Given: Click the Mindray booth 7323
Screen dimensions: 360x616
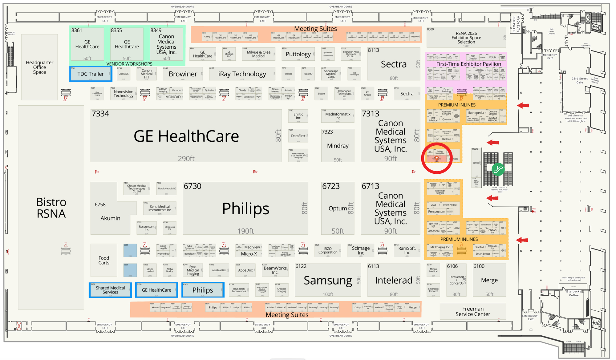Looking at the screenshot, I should click(x=338, y=146).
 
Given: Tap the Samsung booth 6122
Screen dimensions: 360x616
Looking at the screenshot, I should click(x=327, y=280).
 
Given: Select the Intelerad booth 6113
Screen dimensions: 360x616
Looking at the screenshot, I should click(x=393, y=280).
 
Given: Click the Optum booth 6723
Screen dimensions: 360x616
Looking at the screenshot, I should click(x=338, y=208).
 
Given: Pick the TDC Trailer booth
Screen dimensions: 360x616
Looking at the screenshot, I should click(x=91, y=74).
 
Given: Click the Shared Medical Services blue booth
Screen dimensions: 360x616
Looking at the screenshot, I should click(x=110, y=290).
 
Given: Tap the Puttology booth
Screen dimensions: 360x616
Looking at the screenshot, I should click(x=298, y=54).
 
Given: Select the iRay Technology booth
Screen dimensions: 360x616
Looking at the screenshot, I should click(x=242, y=74).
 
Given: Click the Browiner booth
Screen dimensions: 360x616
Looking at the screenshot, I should click(x=183, y=74).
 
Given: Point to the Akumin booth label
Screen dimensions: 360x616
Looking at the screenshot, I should click(x=110, y=218).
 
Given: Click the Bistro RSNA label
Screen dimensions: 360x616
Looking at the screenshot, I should click(x=51, y=208).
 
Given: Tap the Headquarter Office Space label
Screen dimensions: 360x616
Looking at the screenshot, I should click(x=39, y=67).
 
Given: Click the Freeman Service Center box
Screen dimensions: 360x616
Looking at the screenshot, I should click(x=472, y=311).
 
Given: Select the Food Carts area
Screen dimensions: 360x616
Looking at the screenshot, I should click(x=104, y=261).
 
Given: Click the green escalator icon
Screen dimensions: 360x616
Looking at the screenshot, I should click(x=498, y=169).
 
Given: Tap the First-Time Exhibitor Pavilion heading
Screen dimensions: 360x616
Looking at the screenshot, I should click(x=468, y=64).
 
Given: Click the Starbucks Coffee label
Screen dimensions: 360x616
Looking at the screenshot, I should click(x=573, y=293).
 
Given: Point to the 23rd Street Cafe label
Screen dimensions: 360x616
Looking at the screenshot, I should click(x=579, y=80).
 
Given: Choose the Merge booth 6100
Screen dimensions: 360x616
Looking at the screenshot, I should click(x=489, y=280).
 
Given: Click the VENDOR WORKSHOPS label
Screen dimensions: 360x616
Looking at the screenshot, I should click(x=129, y=64).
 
